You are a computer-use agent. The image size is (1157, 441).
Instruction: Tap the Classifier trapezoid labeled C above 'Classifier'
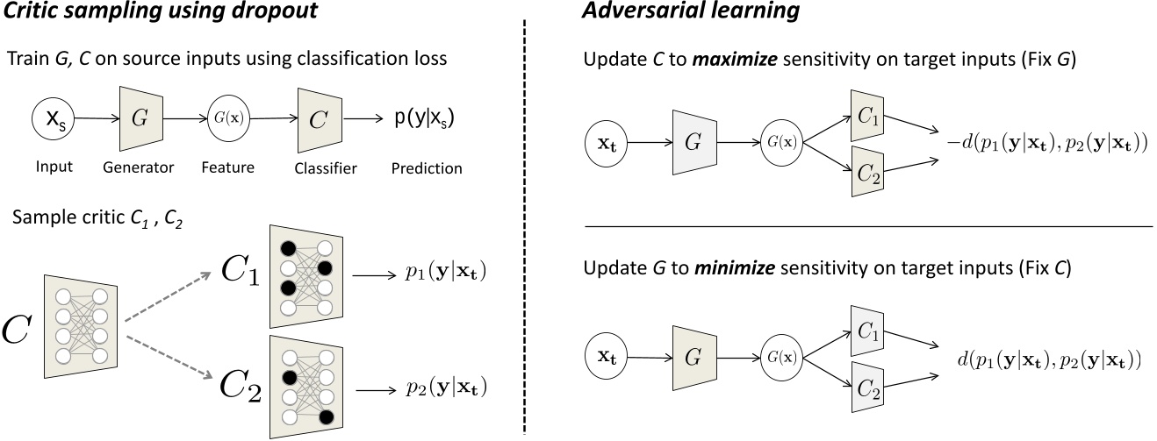tap(317, 119)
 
